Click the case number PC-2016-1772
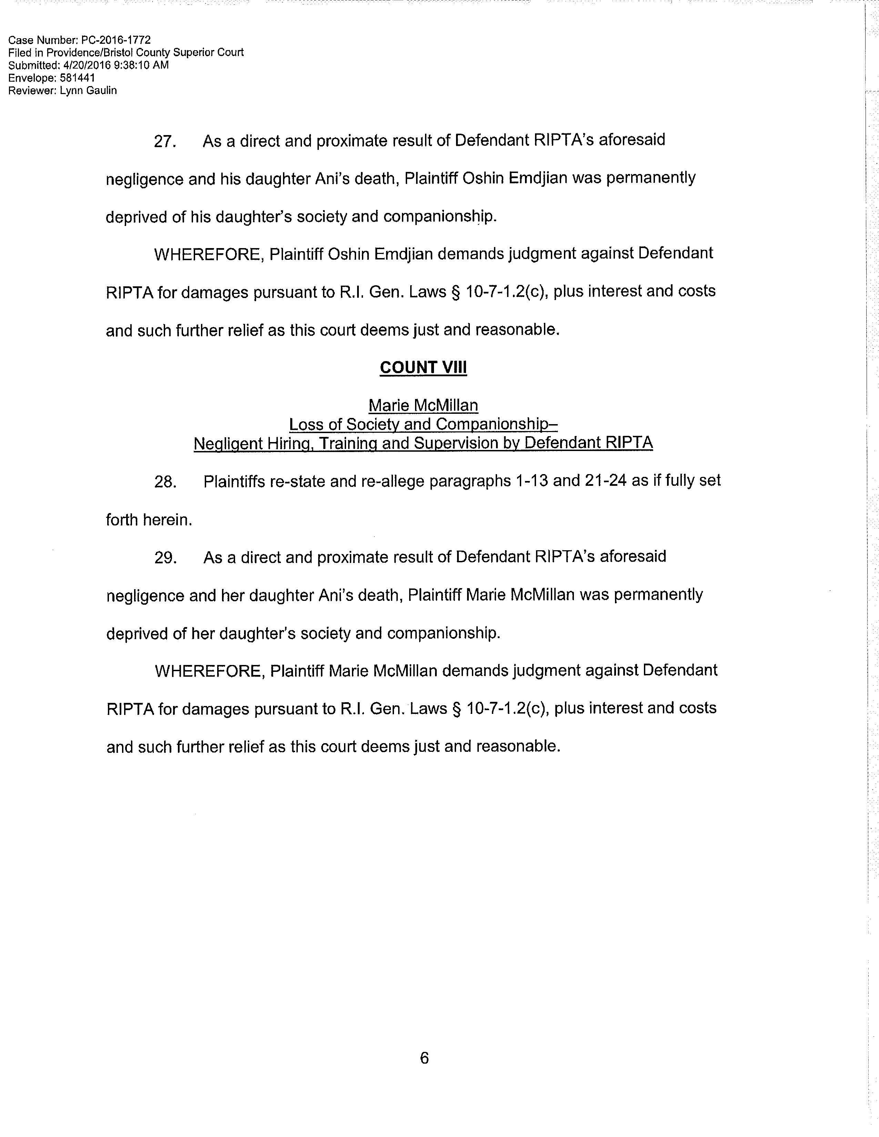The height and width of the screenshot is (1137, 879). (116, 40)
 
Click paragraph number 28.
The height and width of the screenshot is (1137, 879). (165, 482)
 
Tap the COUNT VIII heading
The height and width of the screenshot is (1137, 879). (423, 368)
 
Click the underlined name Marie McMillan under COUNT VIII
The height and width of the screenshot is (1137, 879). (423, 406)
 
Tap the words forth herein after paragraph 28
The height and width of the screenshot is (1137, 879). (149, 520)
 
